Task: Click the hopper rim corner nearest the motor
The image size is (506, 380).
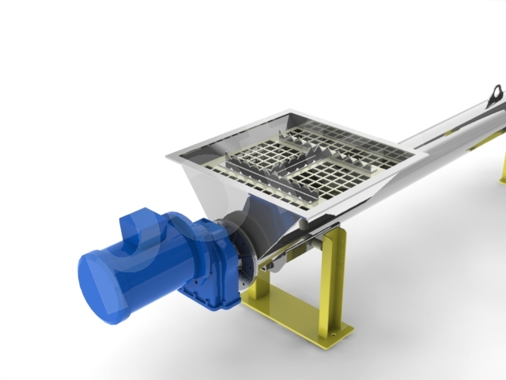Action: (x=168, y=157)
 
